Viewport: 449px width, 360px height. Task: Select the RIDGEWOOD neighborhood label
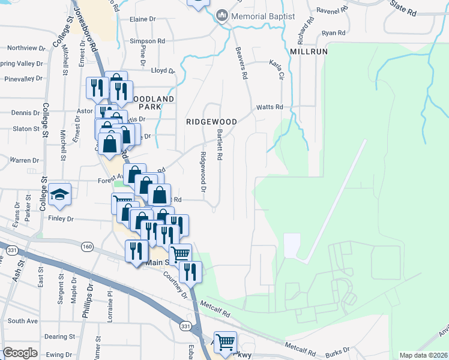[x=211, y=121]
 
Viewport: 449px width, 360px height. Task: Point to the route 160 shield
[x=88, y=246]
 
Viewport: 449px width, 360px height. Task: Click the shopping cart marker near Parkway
[x=225, y=343]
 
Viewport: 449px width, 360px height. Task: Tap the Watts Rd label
[x=270, y=107]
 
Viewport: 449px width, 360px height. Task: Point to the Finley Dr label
[x=61, y=220]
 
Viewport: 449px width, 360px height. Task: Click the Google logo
[x=20, y=352]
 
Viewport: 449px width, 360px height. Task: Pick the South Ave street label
[x=23, y=321]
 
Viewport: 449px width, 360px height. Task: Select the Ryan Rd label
[x=334, y=33]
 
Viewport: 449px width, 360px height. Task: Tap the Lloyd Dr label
[x=163, y=70]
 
